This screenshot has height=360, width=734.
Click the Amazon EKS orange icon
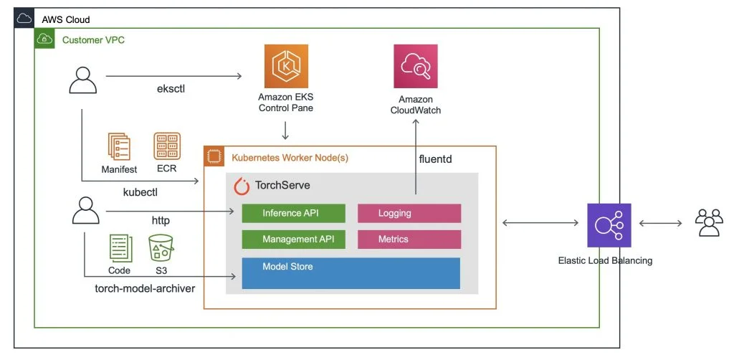pos(286,66)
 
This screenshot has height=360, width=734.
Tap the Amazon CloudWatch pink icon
pos(416,66)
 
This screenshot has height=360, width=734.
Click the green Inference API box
pos(293,214)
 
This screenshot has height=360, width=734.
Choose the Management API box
pos(293,239)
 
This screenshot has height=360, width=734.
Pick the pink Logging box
pos(409,214)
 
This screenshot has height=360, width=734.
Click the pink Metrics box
pos(409,239)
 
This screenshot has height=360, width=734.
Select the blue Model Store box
pos(351,273)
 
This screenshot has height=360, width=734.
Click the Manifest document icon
pos(119,146)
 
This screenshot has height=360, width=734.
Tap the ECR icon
pos(167,146)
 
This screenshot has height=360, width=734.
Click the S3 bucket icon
pos(162,247)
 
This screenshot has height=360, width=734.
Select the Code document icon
pos(120,247)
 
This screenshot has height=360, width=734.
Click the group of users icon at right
pos(709,224)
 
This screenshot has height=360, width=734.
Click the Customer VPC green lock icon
pos(44,39)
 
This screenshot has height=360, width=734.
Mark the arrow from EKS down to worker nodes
pos(286,131)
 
